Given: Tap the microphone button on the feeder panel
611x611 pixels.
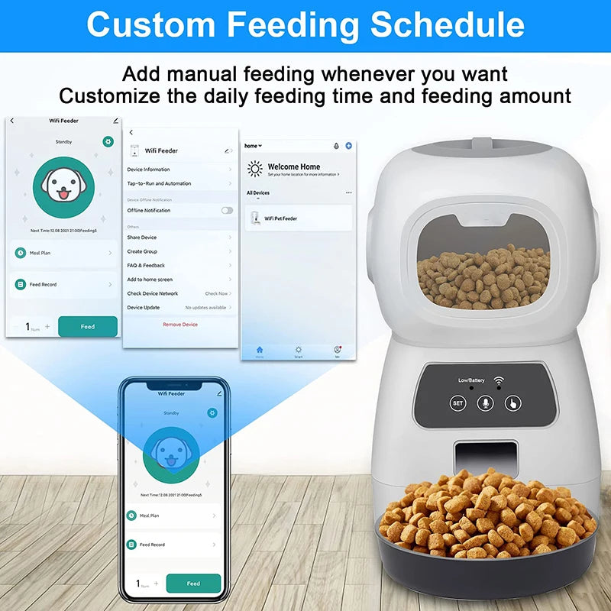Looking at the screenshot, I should pos(485,402).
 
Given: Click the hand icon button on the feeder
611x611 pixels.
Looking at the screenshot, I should pos(512,402).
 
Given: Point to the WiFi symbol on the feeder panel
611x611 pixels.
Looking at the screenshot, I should pos(499,380).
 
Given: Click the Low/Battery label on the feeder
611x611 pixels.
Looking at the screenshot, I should pos(471,380).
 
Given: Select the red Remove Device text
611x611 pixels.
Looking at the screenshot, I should pos(180,325).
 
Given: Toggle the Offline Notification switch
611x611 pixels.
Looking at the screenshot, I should pos(227,210).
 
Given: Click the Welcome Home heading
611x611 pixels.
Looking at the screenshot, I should pos(294,166).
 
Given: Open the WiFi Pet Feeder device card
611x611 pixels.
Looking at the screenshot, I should pos(298,218).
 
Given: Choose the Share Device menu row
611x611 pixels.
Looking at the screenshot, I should pos(179,238).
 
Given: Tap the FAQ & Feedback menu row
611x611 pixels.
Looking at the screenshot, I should pos(179,265).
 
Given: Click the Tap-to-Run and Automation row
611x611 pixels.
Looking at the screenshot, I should pos(179,183).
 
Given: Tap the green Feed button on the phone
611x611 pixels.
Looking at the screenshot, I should pos(193,584).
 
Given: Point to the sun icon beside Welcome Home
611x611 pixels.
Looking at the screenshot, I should pos(254,169).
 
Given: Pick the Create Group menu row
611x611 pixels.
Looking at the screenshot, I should pos(179,251).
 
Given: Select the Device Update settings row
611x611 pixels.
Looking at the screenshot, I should pos(179,307).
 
